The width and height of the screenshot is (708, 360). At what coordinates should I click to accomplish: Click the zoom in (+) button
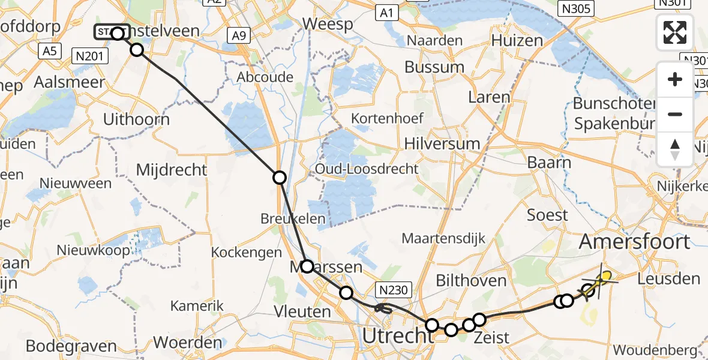(675, 79)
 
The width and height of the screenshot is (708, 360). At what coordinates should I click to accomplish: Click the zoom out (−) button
(675, 114)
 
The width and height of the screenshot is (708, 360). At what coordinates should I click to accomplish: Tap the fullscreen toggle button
(675, 32)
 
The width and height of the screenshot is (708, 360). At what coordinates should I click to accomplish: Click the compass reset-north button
(675, 149)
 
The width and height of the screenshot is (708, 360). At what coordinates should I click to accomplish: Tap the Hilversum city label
(442, 143)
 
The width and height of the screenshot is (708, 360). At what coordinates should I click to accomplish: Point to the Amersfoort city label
(634, 242)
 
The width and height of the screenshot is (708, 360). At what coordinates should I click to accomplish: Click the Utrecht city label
(394, 335)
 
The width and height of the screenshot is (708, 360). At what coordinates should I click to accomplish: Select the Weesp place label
(326, 23)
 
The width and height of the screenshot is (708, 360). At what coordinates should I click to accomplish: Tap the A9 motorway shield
(239, 36)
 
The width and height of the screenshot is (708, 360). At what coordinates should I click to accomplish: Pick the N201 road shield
(89, 56)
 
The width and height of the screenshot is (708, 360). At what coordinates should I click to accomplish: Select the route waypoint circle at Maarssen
(307, 266)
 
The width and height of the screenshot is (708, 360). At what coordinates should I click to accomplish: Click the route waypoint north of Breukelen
(280, 177)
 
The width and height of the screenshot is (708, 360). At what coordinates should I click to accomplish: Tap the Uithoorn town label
(136, 119)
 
